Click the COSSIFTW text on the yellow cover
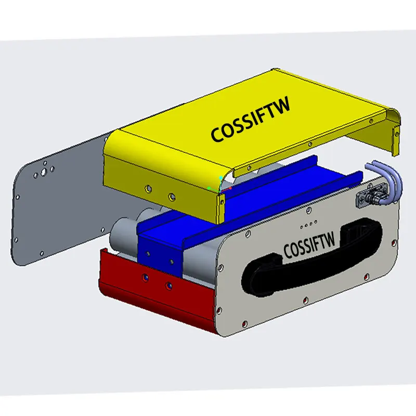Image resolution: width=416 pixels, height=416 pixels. pos(251,120)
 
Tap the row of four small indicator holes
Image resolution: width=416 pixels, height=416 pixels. pos(308,225)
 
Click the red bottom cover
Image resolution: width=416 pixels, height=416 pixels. pos(151,291)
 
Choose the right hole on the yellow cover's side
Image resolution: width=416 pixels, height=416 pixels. pos(172,196)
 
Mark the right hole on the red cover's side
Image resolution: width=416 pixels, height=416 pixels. pos(168,285)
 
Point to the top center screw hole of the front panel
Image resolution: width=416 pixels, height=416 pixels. pos(311,211)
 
